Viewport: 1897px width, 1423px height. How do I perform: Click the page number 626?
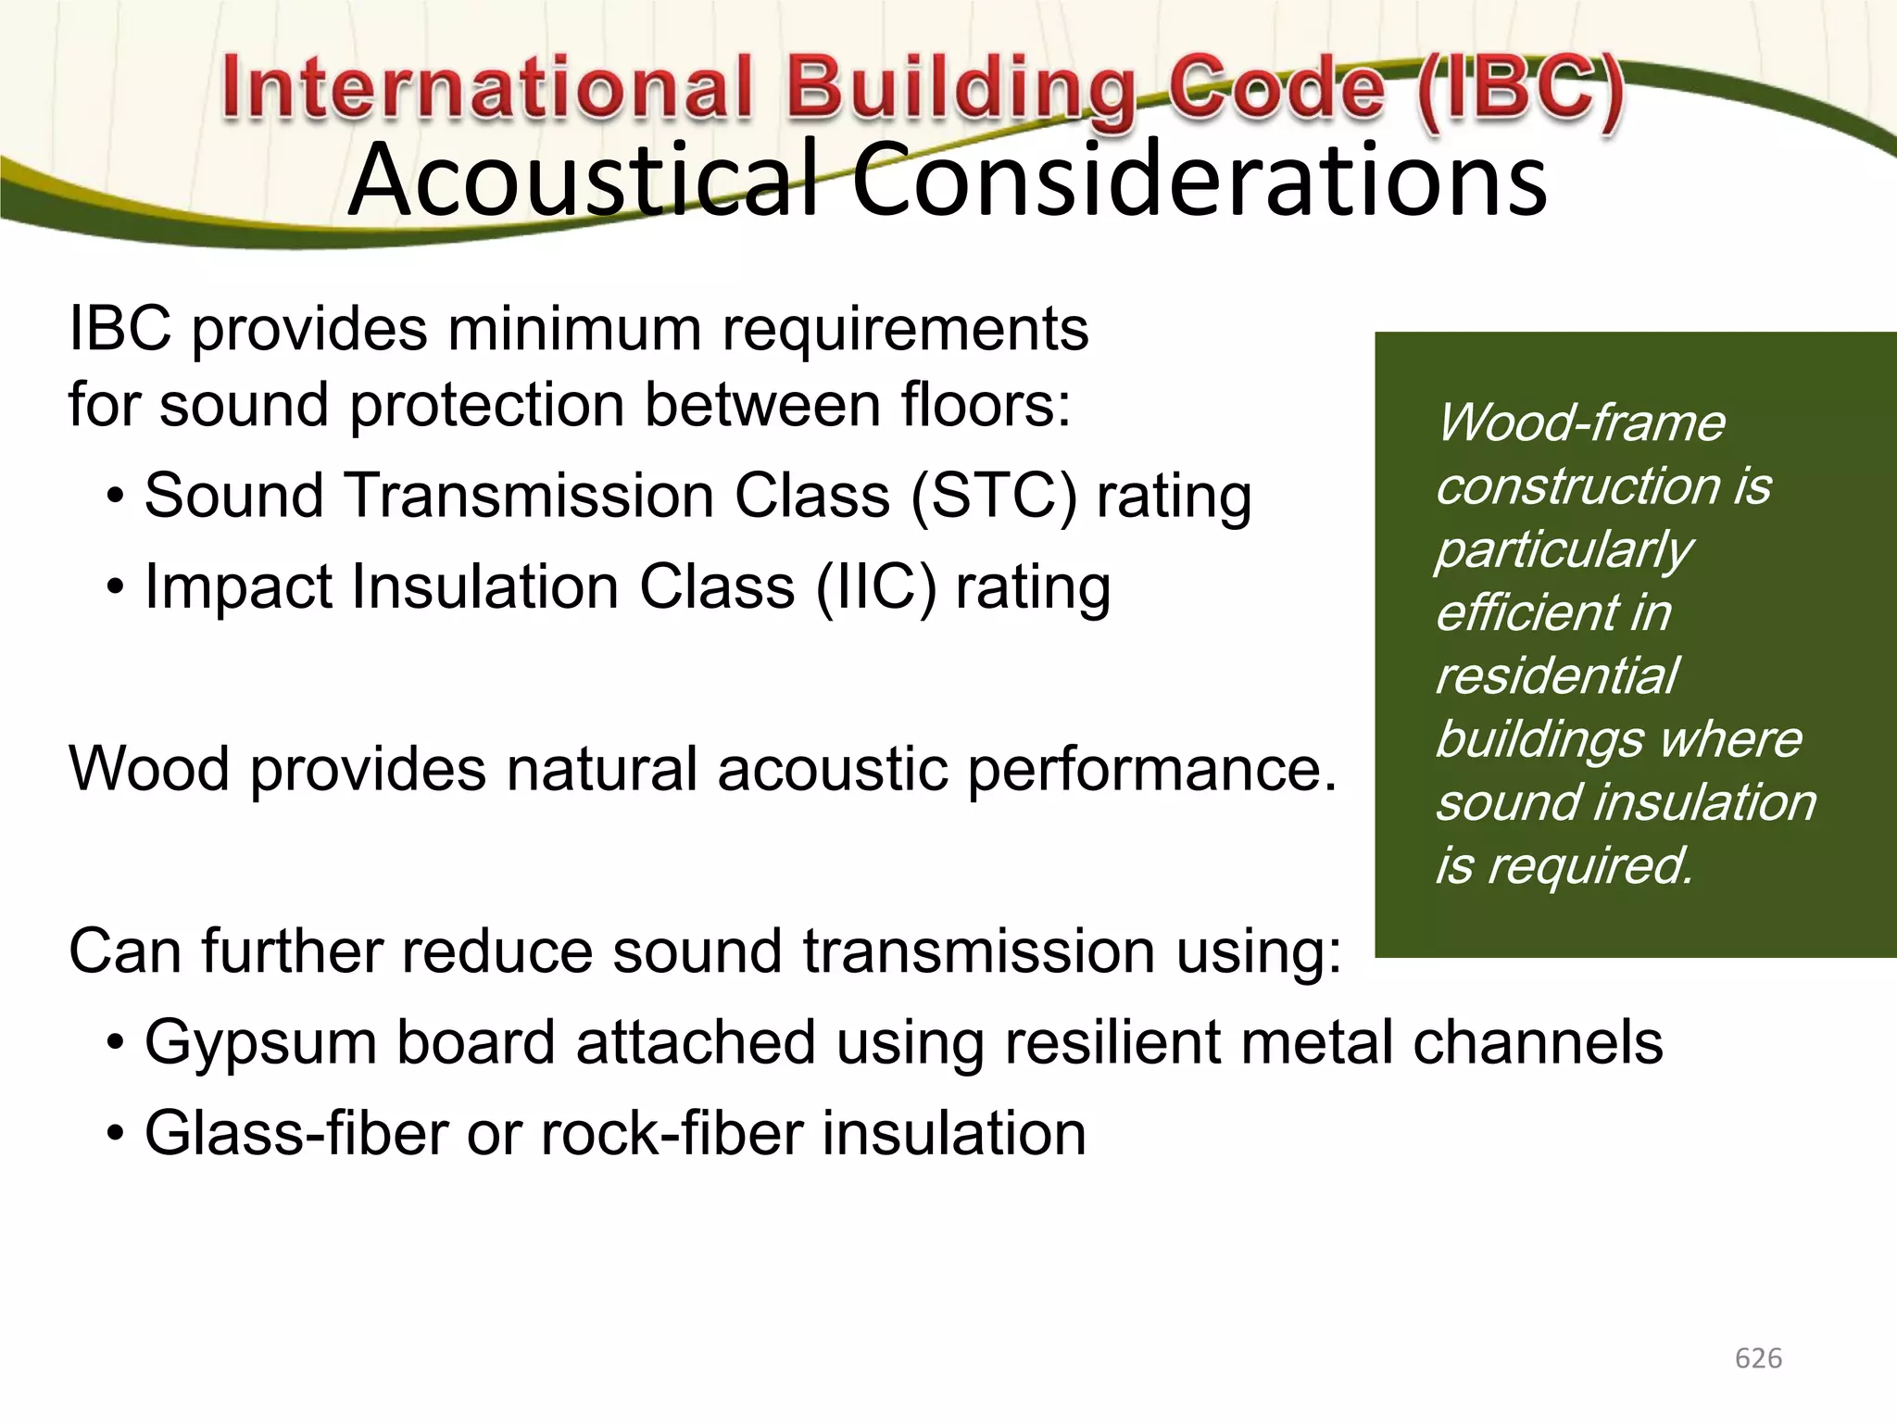[1758, 1358]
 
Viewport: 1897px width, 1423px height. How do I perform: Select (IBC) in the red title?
[1519, 90]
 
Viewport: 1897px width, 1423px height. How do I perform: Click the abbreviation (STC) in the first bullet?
[994, 496]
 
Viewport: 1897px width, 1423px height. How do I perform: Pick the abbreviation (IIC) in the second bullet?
[875, 587]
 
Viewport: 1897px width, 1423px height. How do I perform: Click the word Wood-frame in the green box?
[1580, 423]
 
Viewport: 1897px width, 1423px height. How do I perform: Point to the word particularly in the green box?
[1564, 550]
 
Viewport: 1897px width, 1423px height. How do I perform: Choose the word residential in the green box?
[1556, 676]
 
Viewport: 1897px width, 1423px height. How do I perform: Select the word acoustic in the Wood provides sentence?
[832, 770]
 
